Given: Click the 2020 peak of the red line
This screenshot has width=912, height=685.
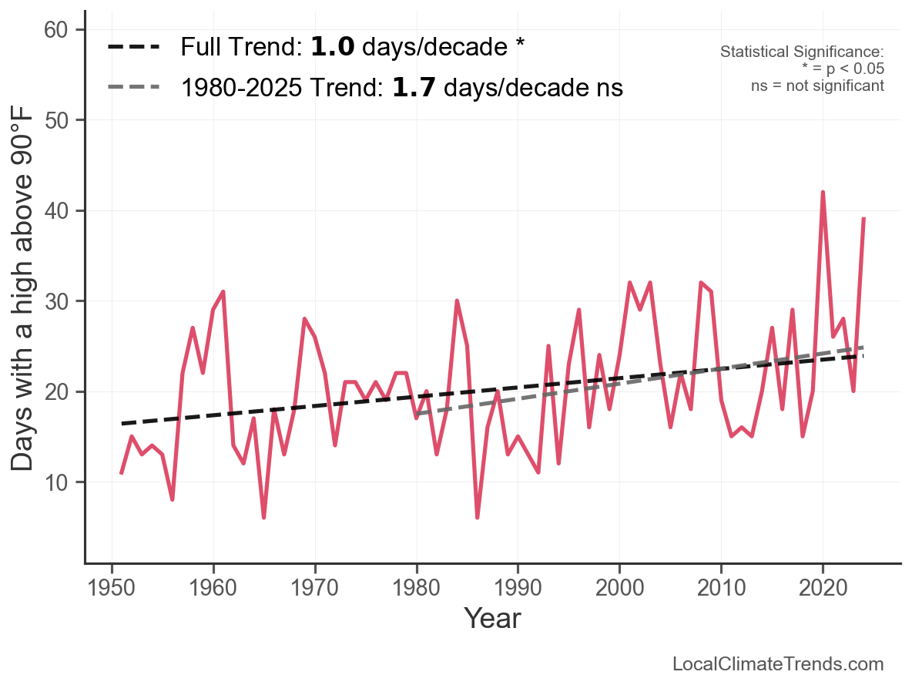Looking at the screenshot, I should click(x=823, y=193).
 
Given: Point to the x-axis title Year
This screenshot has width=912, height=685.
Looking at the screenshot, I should click(x=492, y=618).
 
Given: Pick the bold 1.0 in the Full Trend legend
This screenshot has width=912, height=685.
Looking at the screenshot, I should click(x=333, y=47).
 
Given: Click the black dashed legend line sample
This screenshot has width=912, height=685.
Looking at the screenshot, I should click(x=134, y=47).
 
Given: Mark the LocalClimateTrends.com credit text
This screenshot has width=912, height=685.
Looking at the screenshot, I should click(x=778, y=664).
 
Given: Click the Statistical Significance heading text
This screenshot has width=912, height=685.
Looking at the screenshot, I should click(x=802, y=52).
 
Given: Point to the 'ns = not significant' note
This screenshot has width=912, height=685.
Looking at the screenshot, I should click(x=817, y=86).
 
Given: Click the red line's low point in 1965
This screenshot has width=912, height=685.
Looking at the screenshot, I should click(x=263, y=517).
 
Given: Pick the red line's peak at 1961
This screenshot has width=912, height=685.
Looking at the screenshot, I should click(x=223, y=292).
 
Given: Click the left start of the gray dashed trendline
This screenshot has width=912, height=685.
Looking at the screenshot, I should click(x=417, y=415).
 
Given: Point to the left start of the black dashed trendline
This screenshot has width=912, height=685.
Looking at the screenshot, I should click(x=122, y=423).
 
